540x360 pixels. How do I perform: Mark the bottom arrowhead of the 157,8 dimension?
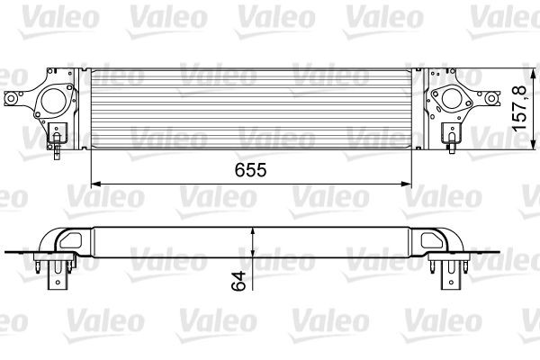point(493,143)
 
